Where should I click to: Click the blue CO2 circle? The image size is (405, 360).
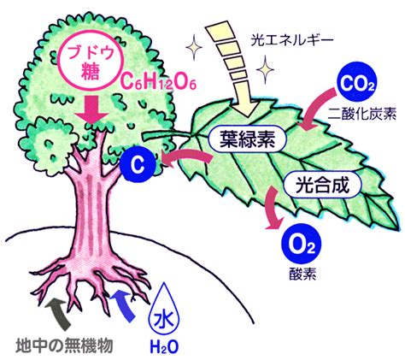pos(356,83)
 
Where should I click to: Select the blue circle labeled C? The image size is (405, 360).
pos(138,163)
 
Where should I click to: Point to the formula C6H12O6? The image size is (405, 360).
pos(158,82)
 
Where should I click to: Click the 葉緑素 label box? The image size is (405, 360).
pos(247,139)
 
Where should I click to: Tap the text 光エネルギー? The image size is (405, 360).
pos(291,41)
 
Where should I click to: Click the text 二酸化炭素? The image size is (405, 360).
pos(361,114)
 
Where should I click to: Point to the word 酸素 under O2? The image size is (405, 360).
pos(302,274)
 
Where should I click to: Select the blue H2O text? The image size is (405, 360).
pos(164,347)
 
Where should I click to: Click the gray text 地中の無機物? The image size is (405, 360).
pos(64,345)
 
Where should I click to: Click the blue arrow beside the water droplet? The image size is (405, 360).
pos(123,305)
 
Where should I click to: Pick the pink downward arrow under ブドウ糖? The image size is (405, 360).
pos(91,109)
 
